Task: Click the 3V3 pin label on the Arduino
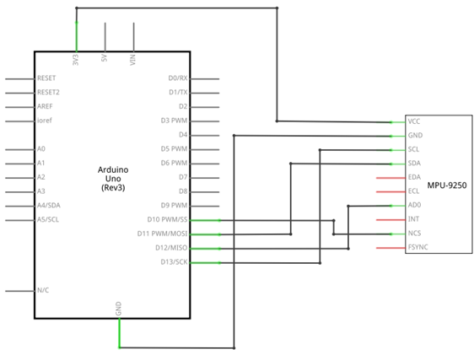[x=76, y=60]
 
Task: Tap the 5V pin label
[x=105, y=58]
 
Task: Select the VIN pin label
[x=132, y=60]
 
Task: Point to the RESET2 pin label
[x=48, y=92]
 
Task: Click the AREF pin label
[x=45, y=106]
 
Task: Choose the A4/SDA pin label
[x=49, y=205]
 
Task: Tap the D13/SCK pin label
[x=174, y=261]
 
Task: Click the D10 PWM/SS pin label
[x=168, y=219]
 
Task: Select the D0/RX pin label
[x=178, y=78]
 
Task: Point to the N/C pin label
[x=43, y=290]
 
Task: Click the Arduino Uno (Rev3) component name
[x=113, y=179]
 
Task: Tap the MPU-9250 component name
[x=447, y=185]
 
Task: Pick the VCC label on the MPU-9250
[x=414, y=121]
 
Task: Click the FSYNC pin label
[x=417, y=247]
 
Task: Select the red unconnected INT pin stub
[x=391, y=220]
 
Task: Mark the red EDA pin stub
[x=391, y=178]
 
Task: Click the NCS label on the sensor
[x=414, y=234]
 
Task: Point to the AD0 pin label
[x=414, y=205]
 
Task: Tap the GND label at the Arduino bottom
[x=118, y=309]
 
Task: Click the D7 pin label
[x=183, y=177]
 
